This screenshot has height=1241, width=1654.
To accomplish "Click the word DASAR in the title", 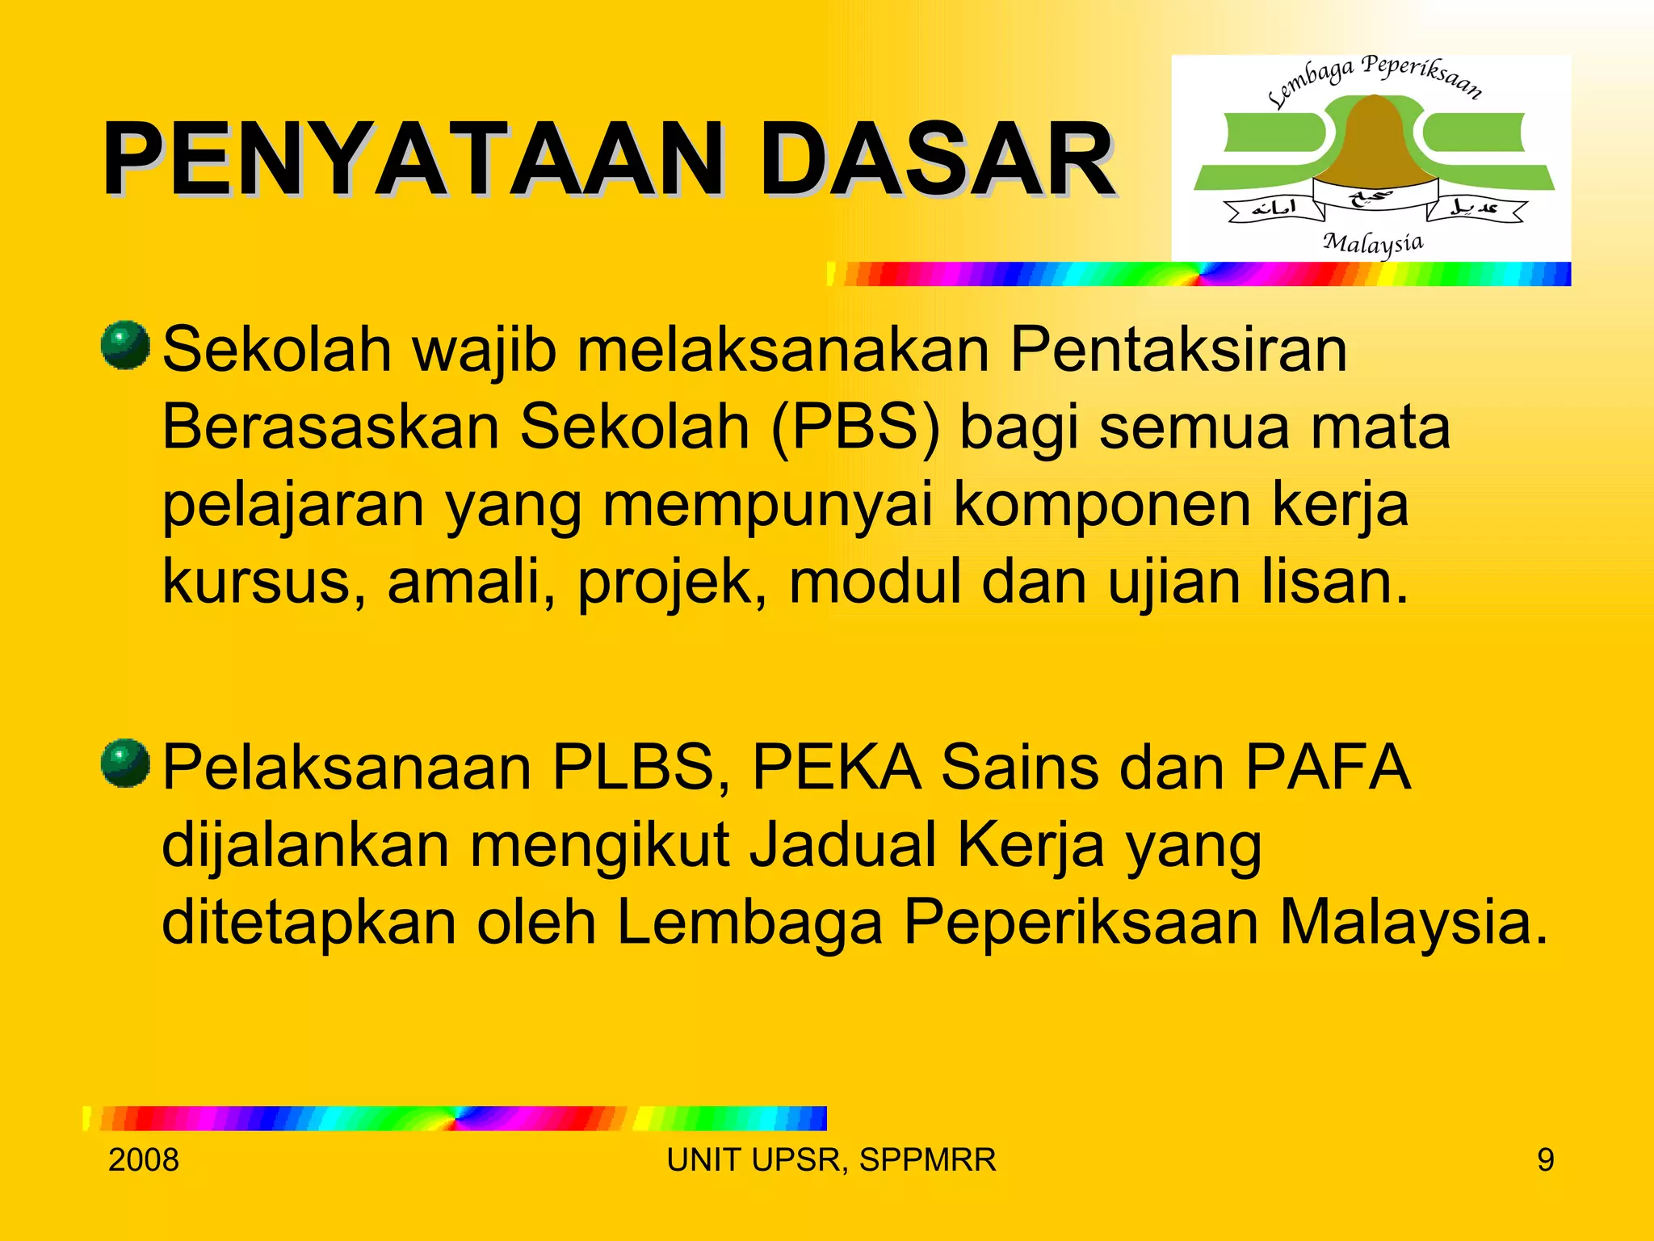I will coord(937,159).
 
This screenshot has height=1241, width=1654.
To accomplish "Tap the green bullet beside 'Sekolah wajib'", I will coord(125,345).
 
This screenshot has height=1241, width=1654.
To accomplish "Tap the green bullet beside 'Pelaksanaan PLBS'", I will coord(125,763).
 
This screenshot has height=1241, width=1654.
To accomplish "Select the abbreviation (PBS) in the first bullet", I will coord(854,428).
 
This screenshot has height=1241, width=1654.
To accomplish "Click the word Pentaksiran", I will coord(1178,351).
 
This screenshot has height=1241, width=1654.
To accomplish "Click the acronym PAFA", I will coord(1328,768).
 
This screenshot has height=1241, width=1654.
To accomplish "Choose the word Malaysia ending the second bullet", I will coord(1414,923).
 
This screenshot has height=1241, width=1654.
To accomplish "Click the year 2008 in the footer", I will coord(144,1160).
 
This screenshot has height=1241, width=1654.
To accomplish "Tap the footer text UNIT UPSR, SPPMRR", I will coord(831,1160).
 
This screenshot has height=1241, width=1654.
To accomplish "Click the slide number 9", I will coord(1545,1160).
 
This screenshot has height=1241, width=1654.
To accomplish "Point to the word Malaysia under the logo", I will coord(1373,243).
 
